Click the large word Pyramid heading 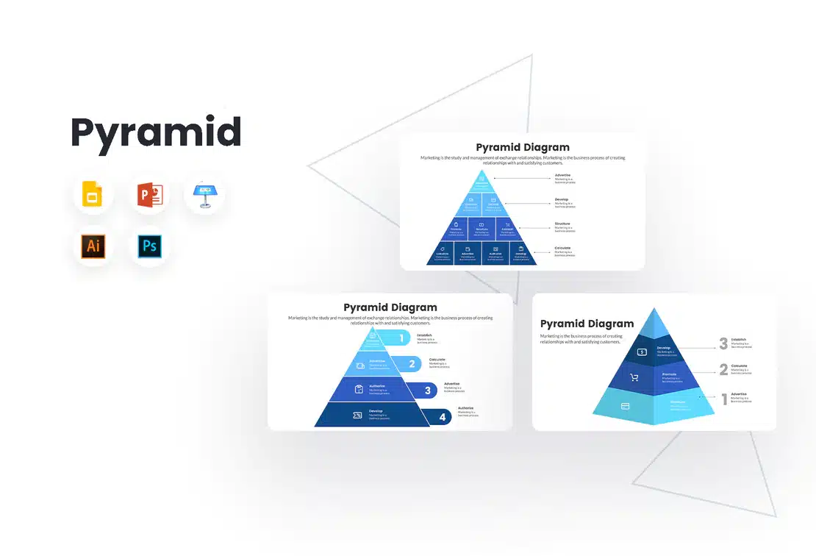point(156,133)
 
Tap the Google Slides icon point(93,195)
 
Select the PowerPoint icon point(148,195)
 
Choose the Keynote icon point(203,195)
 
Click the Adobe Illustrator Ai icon point(93,246)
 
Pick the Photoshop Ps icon point(148,246)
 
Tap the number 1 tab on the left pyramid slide point(401,338)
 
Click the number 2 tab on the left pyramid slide point(412,363)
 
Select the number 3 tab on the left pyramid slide point(427,391)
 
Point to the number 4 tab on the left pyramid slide point(442,417)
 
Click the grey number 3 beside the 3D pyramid point(723,343)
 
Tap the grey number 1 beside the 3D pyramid point(723,399)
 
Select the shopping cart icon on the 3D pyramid point(634,378)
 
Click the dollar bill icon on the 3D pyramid point(641,352)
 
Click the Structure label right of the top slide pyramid point(562,224)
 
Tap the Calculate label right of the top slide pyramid point(562,248)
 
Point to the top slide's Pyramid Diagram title point(522,147)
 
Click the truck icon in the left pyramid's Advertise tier point(360,363)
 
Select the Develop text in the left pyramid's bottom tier point(376,411)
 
